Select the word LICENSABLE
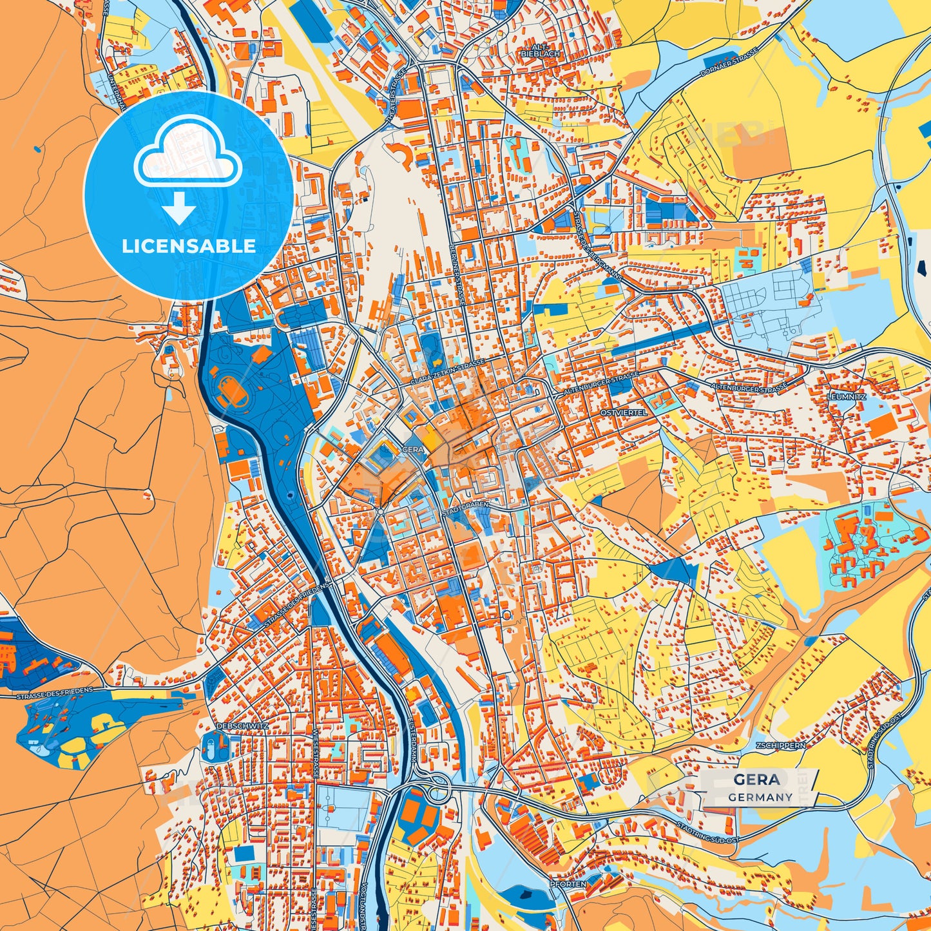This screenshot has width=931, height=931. pos(189,246)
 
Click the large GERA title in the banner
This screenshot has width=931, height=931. pos(756,780)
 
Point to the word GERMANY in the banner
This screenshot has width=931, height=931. pos(760,797)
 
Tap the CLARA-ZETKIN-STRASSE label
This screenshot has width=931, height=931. pos(447,373)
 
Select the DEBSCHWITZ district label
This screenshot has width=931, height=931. pos(242,726)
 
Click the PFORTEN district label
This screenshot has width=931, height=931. pos(568,885)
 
